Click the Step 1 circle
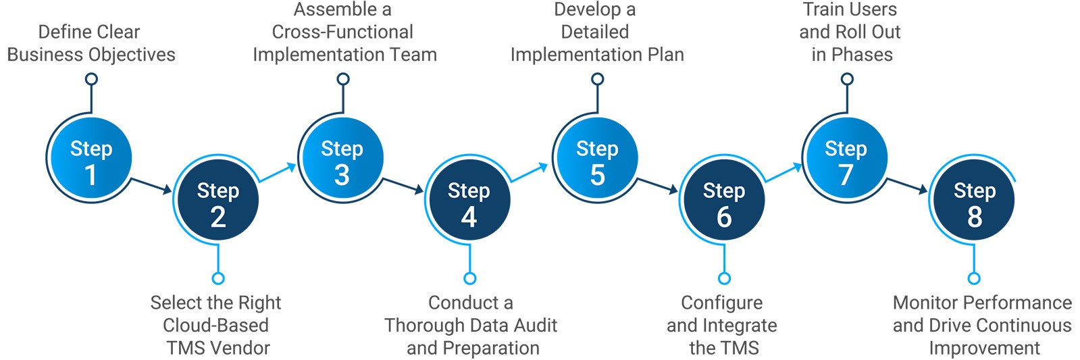click(91, 159)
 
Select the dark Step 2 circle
click(217, 201)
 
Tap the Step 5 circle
click(596, 159)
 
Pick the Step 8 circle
click(974, 201)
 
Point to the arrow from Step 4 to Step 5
click(529, 172)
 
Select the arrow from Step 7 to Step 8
click(907, 186)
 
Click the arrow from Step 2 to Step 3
click(278, 172)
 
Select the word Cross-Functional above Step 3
click(342, 32)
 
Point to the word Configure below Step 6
click(721, 303)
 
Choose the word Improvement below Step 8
click(984, 348)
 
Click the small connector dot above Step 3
click(343, 79)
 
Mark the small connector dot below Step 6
click(724, 278)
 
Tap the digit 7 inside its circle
click(846, 174)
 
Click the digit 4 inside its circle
click(469, 217)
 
